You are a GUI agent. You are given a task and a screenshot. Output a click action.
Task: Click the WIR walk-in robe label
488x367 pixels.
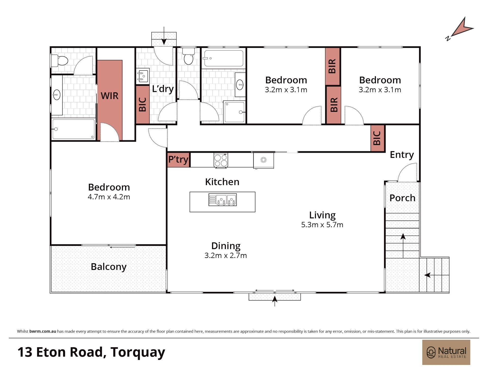110,96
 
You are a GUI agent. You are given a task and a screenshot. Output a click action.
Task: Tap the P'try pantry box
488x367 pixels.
178,160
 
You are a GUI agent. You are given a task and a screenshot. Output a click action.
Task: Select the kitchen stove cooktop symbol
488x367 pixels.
221,160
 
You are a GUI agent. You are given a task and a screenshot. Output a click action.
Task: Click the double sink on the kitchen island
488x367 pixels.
222,200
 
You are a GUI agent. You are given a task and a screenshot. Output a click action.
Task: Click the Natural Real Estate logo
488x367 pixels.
446,352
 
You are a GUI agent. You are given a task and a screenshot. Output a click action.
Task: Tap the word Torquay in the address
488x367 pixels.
138,352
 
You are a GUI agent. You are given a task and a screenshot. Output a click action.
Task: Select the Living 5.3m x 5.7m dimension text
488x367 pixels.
322,220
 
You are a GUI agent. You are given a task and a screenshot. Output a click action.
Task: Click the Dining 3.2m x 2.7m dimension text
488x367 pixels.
226,250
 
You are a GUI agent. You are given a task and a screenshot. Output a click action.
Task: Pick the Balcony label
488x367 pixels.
109,267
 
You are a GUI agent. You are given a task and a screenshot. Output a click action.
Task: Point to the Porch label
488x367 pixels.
402,198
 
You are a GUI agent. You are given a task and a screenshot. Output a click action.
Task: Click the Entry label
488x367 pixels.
402,155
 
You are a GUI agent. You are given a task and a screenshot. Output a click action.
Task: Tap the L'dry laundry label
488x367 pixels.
163,89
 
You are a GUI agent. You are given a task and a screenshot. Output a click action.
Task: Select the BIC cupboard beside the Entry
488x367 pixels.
377,138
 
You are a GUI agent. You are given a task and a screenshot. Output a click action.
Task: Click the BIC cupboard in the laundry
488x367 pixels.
143,105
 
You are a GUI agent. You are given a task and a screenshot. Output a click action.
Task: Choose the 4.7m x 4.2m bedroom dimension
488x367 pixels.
109,197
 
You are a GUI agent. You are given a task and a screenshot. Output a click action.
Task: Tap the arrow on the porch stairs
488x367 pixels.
403,246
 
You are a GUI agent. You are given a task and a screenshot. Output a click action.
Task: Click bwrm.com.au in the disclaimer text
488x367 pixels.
43,331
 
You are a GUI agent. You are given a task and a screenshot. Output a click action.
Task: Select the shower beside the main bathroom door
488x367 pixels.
234,112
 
